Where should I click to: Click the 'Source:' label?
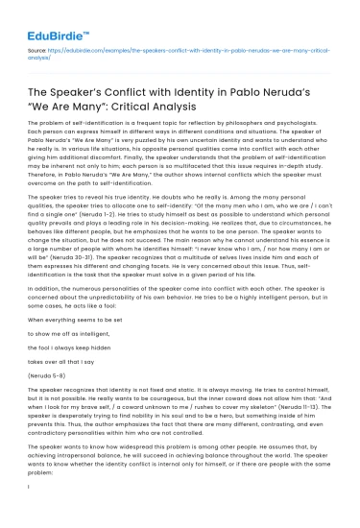coord(38,46)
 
